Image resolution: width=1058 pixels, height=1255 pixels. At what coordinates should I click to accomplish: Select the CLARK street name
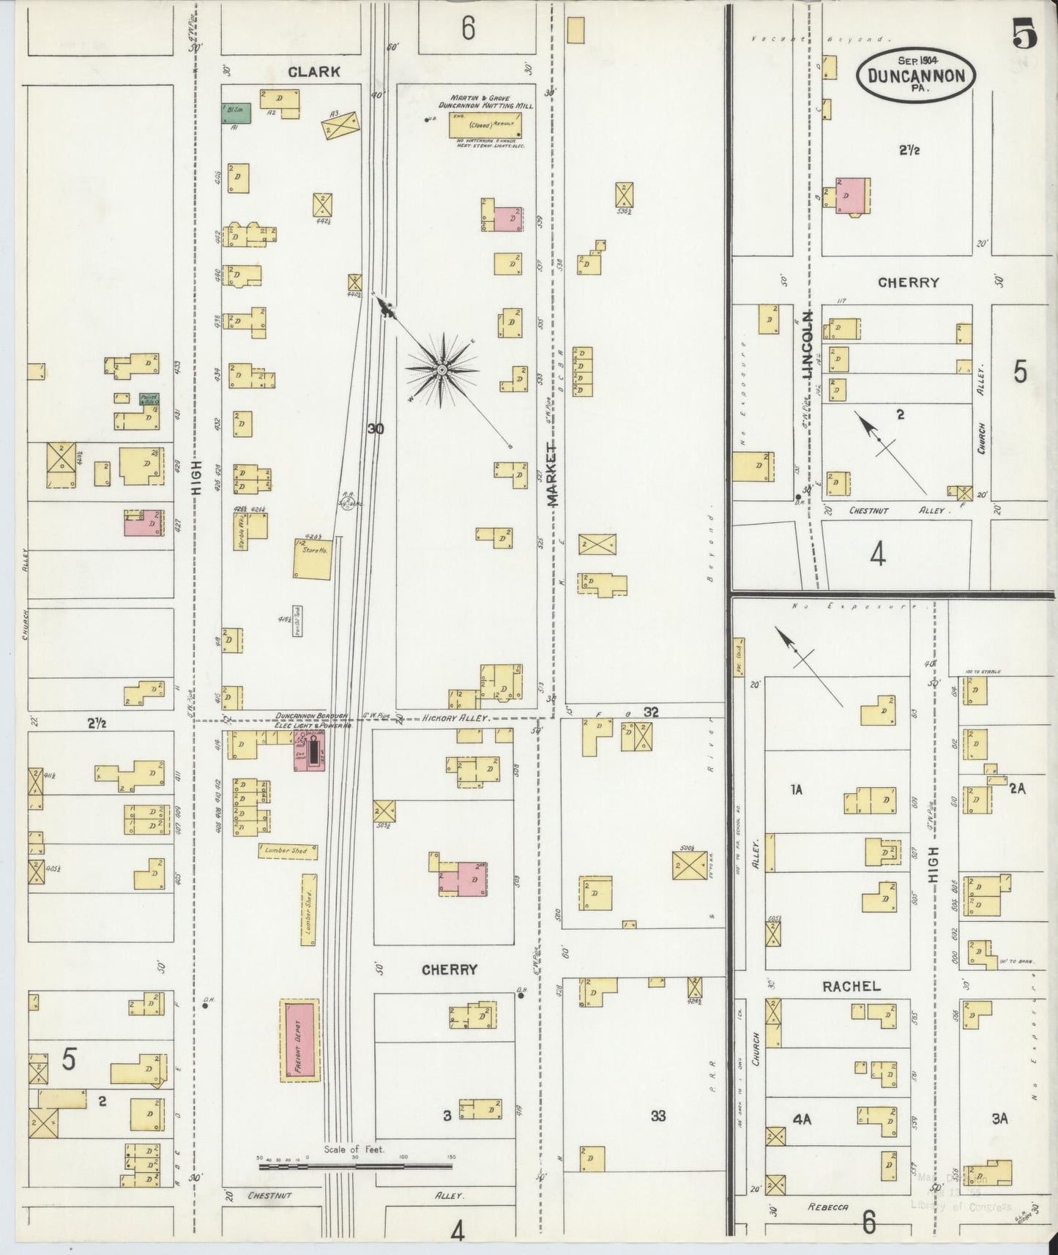point(313,72)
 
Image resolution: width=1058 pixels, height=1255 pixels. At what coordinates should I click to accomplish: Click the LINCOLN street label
point(808,345)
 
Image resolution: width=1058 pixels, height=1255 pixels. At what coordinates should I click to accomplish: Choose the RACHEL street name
point(851,986)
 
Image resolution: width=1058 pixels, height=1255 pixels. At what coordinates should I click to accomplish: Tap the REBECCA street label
point(829,1207)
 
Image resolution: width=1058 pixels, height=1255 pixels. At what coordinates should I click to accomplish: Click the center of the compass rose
point(442,370)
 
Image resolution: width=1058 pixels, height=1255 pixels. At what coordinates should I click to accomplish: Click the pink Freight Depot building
point(300,1040)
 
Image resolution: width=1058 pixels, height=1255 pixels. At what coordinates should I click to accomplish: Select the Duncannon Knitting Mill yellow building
point(483,124)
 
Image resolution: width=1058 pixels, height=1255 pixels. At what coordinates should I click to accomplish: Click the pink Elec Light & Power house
point(310,751)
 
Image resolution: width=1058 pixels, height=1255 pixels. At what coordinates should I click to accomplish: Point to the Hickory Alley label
point(455,719)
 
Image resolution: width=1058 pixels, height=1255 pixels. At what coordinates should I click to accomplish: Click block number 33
point(657,1116)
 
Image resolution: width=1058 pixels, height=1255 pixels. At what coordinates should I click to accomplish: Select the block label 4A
point(801,1119)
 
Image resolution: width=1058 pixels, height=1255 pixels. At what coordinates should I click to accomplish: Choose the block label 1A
point(797,789)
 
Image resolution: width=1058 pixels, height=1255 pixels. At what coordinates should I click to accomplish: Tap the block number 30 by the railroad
point(375,429)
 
